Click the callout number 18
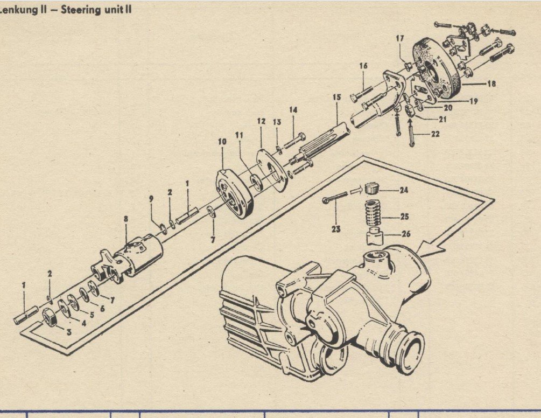(x=491, y=83)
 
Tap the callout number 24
(x=404, y=190)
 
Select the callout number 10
(x=222, y=142)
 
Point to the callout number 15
(x=337, y=97)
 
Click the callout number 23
(x=336, y=228)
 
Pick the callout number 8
(x=126, y=219)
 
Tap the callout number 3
(x=69, y=332)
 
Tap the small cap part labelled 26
(x=375, y=236)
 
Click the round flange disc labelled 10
(x=235, y=193)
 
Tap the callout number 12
(x=261, y=121)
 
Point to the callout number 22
(x=435, y=134)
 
